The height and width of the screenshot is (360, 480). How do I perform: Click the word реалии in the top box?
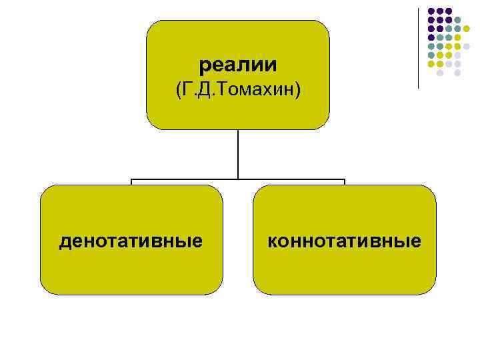(238, 65)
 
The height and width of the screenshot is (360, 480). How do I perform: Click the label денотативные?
(131, 240)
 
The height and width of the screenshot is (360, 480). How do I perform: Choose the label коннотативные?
(344, 240)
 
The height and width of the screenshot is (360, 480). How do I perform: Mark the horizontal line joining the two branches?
(238, 179)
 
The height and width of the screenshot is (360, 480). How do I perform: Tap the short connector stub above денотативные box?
(131, 182)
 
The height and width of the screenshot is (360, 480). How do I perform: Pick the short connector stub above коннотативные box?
(345, 182)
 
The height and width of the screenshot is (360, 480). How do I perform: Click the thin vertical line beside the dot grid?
(419, 47)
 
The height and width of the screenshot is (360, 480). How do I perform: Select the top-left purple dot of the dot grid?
(431, 11)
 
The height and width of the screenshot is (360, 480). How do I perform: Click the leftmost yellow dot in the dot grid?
(431, 63)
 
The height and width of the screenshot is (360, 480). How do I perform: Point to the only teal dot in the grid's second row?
(457, 20)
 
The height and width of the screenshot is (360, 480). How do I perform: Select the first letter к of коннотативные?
(272, 241)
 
